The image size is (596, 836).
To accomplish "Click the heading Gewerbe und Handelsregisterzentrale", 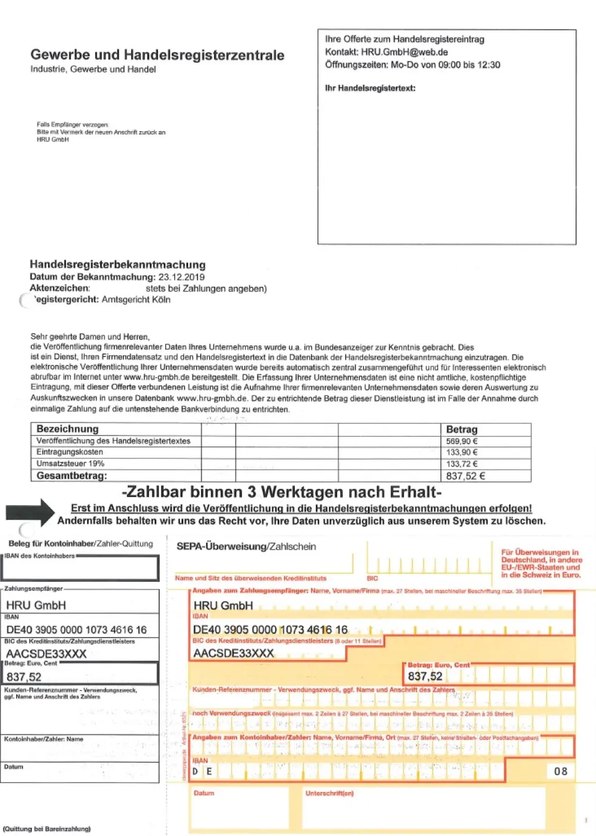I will [157, 55].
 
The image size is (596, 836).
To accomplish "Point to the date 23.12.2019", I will [181, 277].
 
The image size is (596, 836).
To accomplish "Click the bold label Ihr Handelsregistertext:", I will [370, 88].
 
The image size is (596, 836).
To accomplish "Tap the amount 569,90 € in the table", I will [461, 441].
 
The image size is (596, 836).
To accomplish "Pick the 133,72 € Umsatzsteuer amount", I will [461, 464].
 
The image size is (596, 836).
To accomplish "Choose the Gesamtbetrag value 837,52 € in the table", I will [465, 476].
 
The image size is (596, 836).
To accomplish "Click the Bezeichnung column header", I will [67, 429].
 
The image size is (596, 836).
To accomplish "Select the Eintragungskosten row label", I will [70, 452].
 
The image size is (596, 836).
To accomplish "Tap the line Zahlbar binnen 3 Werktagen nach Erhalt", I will [281, 492].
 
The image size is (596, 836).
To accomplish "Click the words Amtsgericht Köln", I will [136, 300].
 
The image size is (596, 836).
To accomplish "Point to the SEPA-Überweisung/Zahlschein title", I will [246, 546].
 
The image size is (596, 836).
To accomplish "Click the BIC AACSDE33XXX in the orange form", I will [233, 653].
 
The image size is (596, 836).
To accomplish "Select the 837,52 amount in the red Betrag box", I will [425, 676].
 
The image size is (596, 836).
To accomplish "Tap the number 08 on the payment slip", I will [560, 772].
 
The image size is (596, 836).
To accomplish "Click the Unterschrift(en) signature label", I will [329, 793].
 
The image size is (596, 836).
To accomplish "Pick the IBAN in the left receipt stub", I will [76, 630].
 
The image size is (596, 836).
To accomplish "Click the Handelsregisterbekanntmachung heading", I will [117, 265].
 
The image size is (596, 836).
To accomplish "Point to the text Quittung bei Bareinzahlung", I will [47, 829].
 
